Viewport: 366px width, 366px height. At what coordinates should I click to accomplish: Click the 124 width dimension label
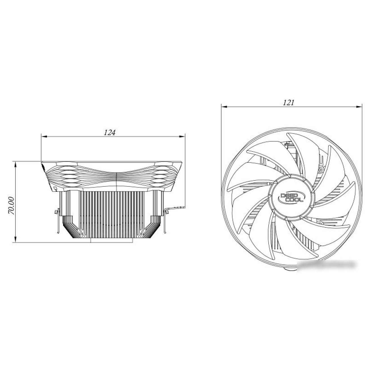point(110,133)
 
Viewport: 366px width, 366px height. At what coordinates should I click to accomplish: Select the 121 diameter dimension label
point(288,103)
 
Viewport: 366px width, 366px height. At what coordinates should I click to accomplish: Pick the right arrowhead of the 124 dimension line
point(182,136)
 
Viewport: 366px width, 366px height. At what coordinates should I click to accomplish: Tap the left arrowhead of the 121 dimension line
point(224,107)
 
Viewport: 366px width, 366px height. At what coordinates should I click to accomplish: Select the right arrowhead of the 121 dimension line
point(359,107)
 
